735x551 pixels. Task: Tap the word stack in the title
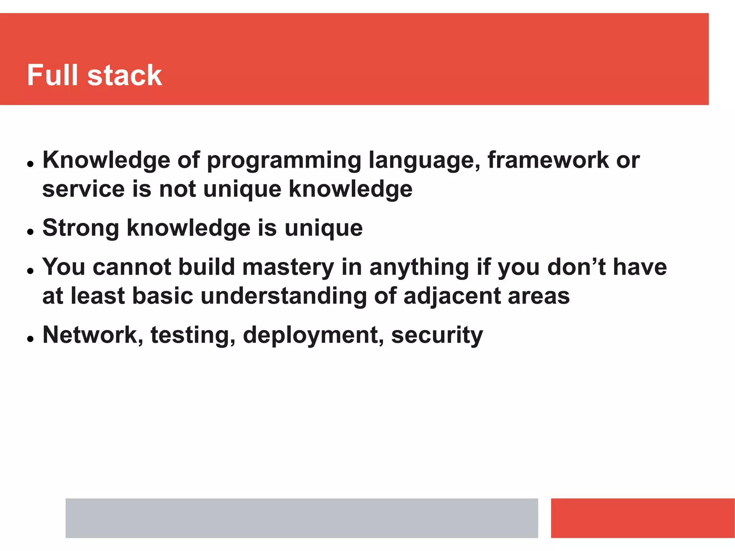125,75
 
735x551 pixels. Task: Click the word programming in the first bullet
284,161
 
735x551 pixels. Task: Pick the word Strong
81,229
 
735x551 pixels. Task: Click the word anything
419,268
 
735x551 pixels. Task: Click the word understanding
283,296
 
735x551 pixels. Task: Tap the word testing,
193,335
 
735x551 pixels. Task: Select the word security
437,335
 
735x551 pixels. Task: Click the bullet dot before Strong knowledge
30,232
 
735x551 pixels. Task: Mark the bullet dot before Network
30,339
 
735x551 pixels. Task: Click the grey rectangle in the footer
301,518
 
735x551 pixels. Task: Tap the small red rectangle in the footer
642,518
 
